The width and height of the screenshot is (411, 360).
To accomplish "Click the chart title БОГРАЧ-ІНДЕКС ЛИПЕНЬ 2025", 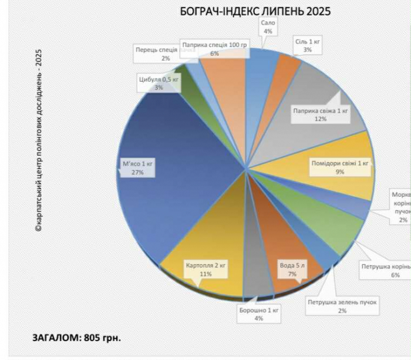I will point(255,11).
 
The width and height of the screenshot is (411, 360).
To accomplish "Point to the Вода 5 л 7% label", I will point(292,270).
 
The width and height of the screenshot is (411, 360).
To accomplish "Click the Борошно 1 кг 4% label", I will point(259,314).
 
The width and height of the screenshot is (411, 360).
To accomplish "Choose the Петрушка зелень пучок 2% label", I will point(342,306).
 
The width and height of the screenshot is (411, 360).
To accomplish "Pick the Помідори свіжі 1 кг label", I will point(343,167).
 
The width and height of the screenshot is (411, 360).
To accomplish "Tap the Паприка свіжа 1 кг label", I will point(321,114).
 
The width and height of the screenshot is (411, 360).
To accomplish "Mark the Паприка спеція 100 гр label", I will point(214,49).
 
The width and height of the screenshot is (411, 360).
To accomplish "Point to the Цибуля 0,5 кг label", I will point(159,83).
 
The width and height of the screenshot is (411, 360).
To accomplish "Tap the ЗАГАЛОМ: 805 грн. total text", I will point(76,338).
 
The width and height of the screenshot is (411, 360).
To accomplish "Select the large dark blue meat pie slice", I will point(176,188).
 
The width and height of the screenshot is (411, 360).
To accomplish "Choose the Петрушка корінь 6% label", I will point(388,270).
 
